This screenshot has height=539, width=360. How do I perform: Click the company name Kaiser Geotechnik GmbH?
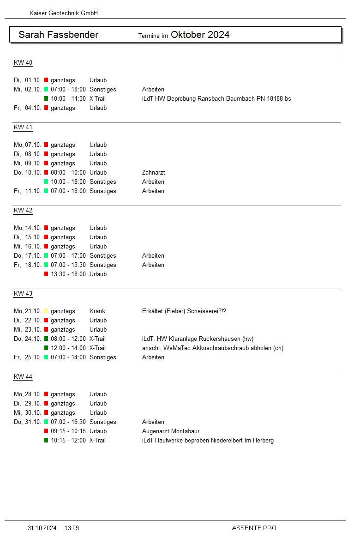(64, 13)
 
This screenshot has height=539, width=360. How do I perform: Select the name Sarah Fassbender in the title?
(58, 35)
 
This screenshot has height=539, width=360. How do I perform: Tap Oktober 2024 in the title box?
(200, 35)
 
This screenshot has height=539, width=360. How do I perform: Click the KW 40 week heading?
(23, 63)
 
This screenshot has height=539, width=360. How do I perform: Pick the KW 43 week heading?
(23, 294)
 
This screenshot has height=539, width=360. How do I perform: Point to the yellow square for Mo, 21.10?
(46, 311)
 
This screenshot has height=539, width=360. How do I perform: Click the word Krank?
(97, 311)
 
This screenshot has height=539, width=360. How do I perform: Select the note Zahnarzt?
(153, 173)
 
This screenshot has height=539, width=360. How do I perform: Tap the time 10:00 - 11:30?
(68, 99)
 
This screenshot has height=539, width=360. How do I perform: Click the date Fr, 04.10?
(28, 108)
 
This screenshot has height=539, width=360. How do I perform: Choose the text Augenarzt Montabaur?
(171, 431)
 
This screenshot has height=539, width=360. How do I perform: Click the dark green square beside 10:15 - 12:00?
(46, 441)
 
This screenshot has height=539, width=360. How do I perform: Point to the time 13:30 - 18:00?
(68, 274)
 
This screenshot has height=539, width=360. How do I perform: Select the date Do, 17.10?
(28, 256)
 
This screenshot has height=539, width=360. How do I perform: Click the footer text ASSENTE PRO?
(254, 528)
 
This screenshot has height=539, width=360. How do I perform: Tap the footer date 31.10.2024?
(42, 528)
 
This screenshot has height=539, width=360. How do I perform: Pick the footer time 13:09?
(72, 528)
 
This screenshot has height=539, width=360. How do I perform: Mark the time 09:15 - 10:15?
(68, 431)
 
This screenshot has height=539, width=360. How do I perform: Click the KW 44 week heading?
(23, 377)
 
